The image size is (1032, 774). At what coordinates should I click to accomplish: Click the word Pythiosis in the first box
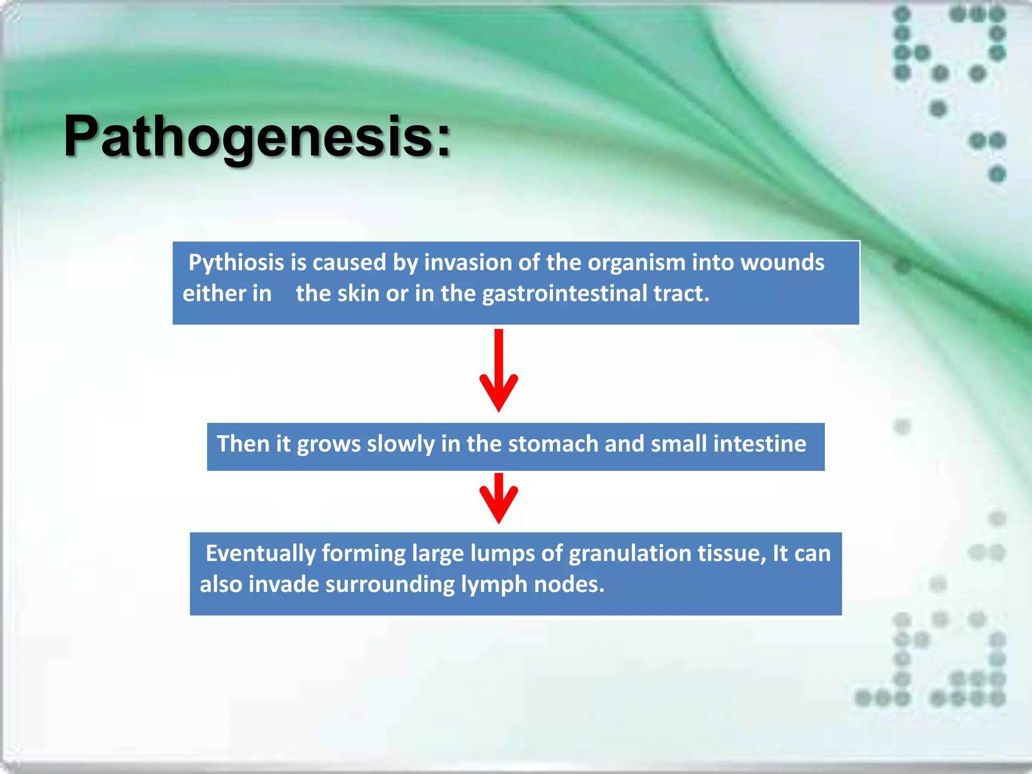tap(236, 263)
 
